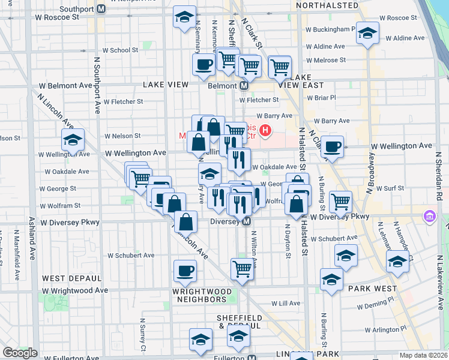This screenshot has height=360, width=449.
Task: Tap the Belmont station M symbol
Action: click(x=244, y=86)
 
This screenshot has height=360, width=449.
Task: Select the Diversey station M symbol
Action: click(x=246, y=221)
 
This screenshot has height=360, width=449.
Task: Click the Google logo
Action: click(x=20, y=352)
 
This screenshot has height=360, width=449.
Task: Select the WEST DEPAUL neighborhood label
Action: click(x=71, y=278)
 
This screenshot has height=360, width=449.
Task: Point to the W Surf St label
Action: click(x=390, y=188)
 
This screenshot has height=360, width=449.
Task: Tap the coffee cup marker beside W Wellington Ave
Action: click(x=332, y=147)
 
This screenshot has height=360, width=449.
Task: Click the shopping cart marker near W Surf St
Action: click(x=340, y=202)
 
